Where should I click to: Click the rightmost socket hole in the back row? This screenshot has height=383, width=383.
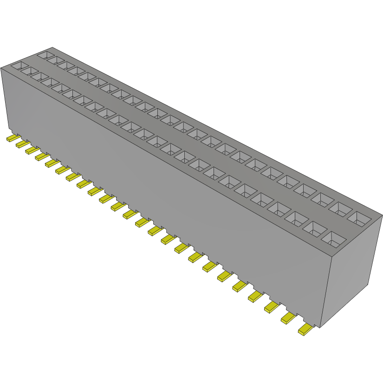coord(364,219)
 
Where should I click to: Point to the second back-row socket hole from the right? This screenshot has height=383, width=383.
coord(344,208)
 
